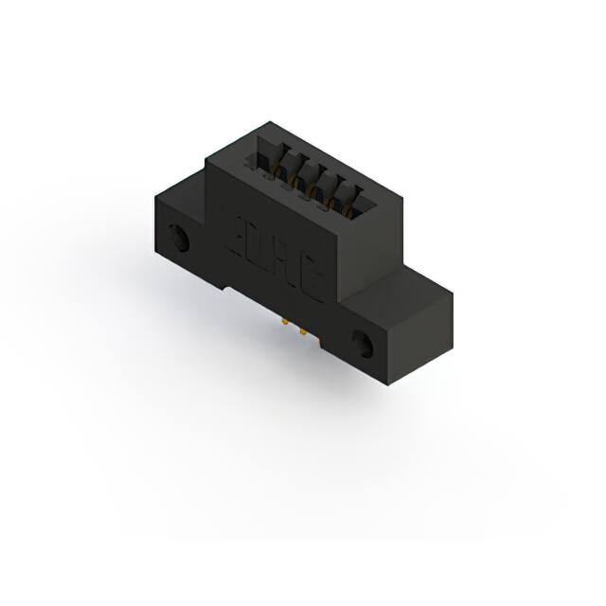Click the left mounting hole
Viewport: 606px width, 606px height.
point(179,238)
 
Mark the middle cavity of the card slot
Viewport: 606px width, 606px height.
point(312,179)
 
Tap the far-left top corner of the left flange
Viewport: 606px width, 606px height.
point(153,193)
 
